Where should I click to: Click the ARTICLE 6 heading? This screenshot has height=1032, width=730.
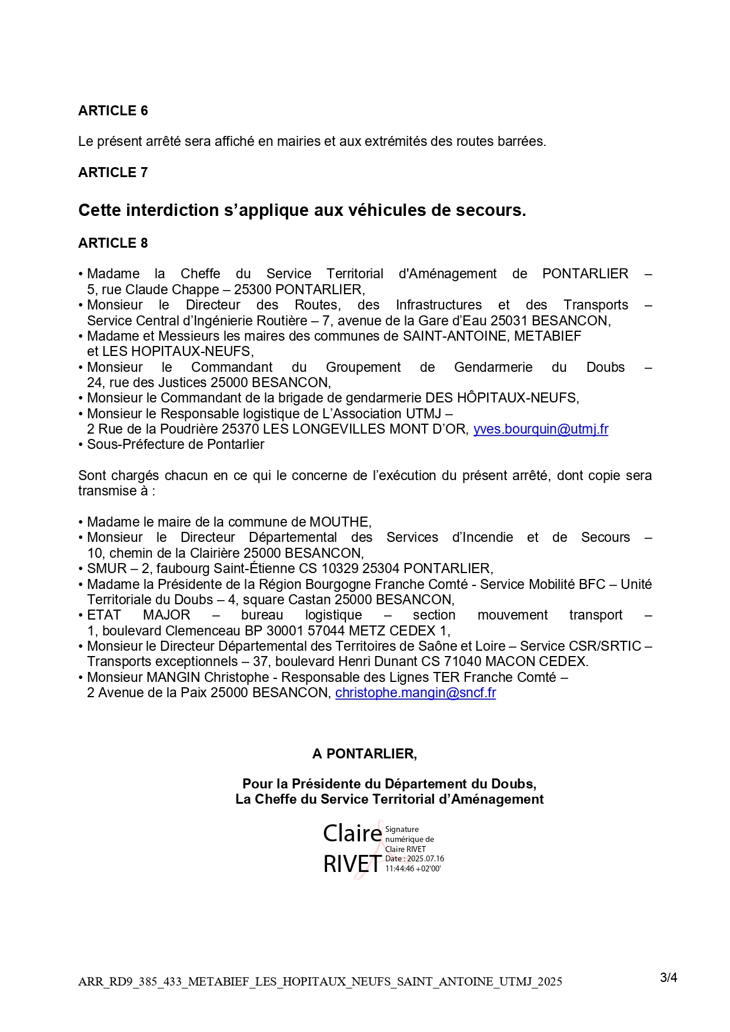[x=113, y=111]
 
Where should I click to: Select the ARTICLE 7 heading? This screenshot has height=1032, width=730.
[x=113, y=172]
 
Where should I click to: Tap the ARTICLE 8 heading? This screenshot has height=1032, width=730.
[x=113, y=243]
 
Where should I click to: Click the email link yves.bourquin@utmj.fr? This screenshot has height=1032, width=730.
[x=541, y=429]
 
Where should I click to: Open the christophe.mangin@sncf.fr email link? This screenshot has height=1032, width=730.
[x=415, y=693]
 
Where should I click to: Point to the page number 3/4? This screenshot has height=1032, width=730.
[x=668, y=977]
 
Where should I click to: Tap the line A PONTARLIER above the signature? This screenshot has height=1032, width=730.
[x=365, y=754]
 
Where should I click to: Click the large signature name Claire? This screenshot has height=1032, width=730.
[x=352, y=833]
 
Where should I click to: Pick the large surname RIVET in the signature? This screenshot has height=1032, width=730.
[x=352, y=864]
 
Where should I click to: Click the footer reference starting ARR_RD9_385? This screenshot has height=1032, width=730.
[x=320, y=981]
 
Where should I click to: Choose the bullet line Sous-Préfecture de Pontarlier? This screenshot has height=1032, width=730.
[x=175, y=444]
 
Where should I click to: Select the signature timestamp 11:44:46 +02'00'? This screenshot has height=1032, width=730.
[x=412, y=868]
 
